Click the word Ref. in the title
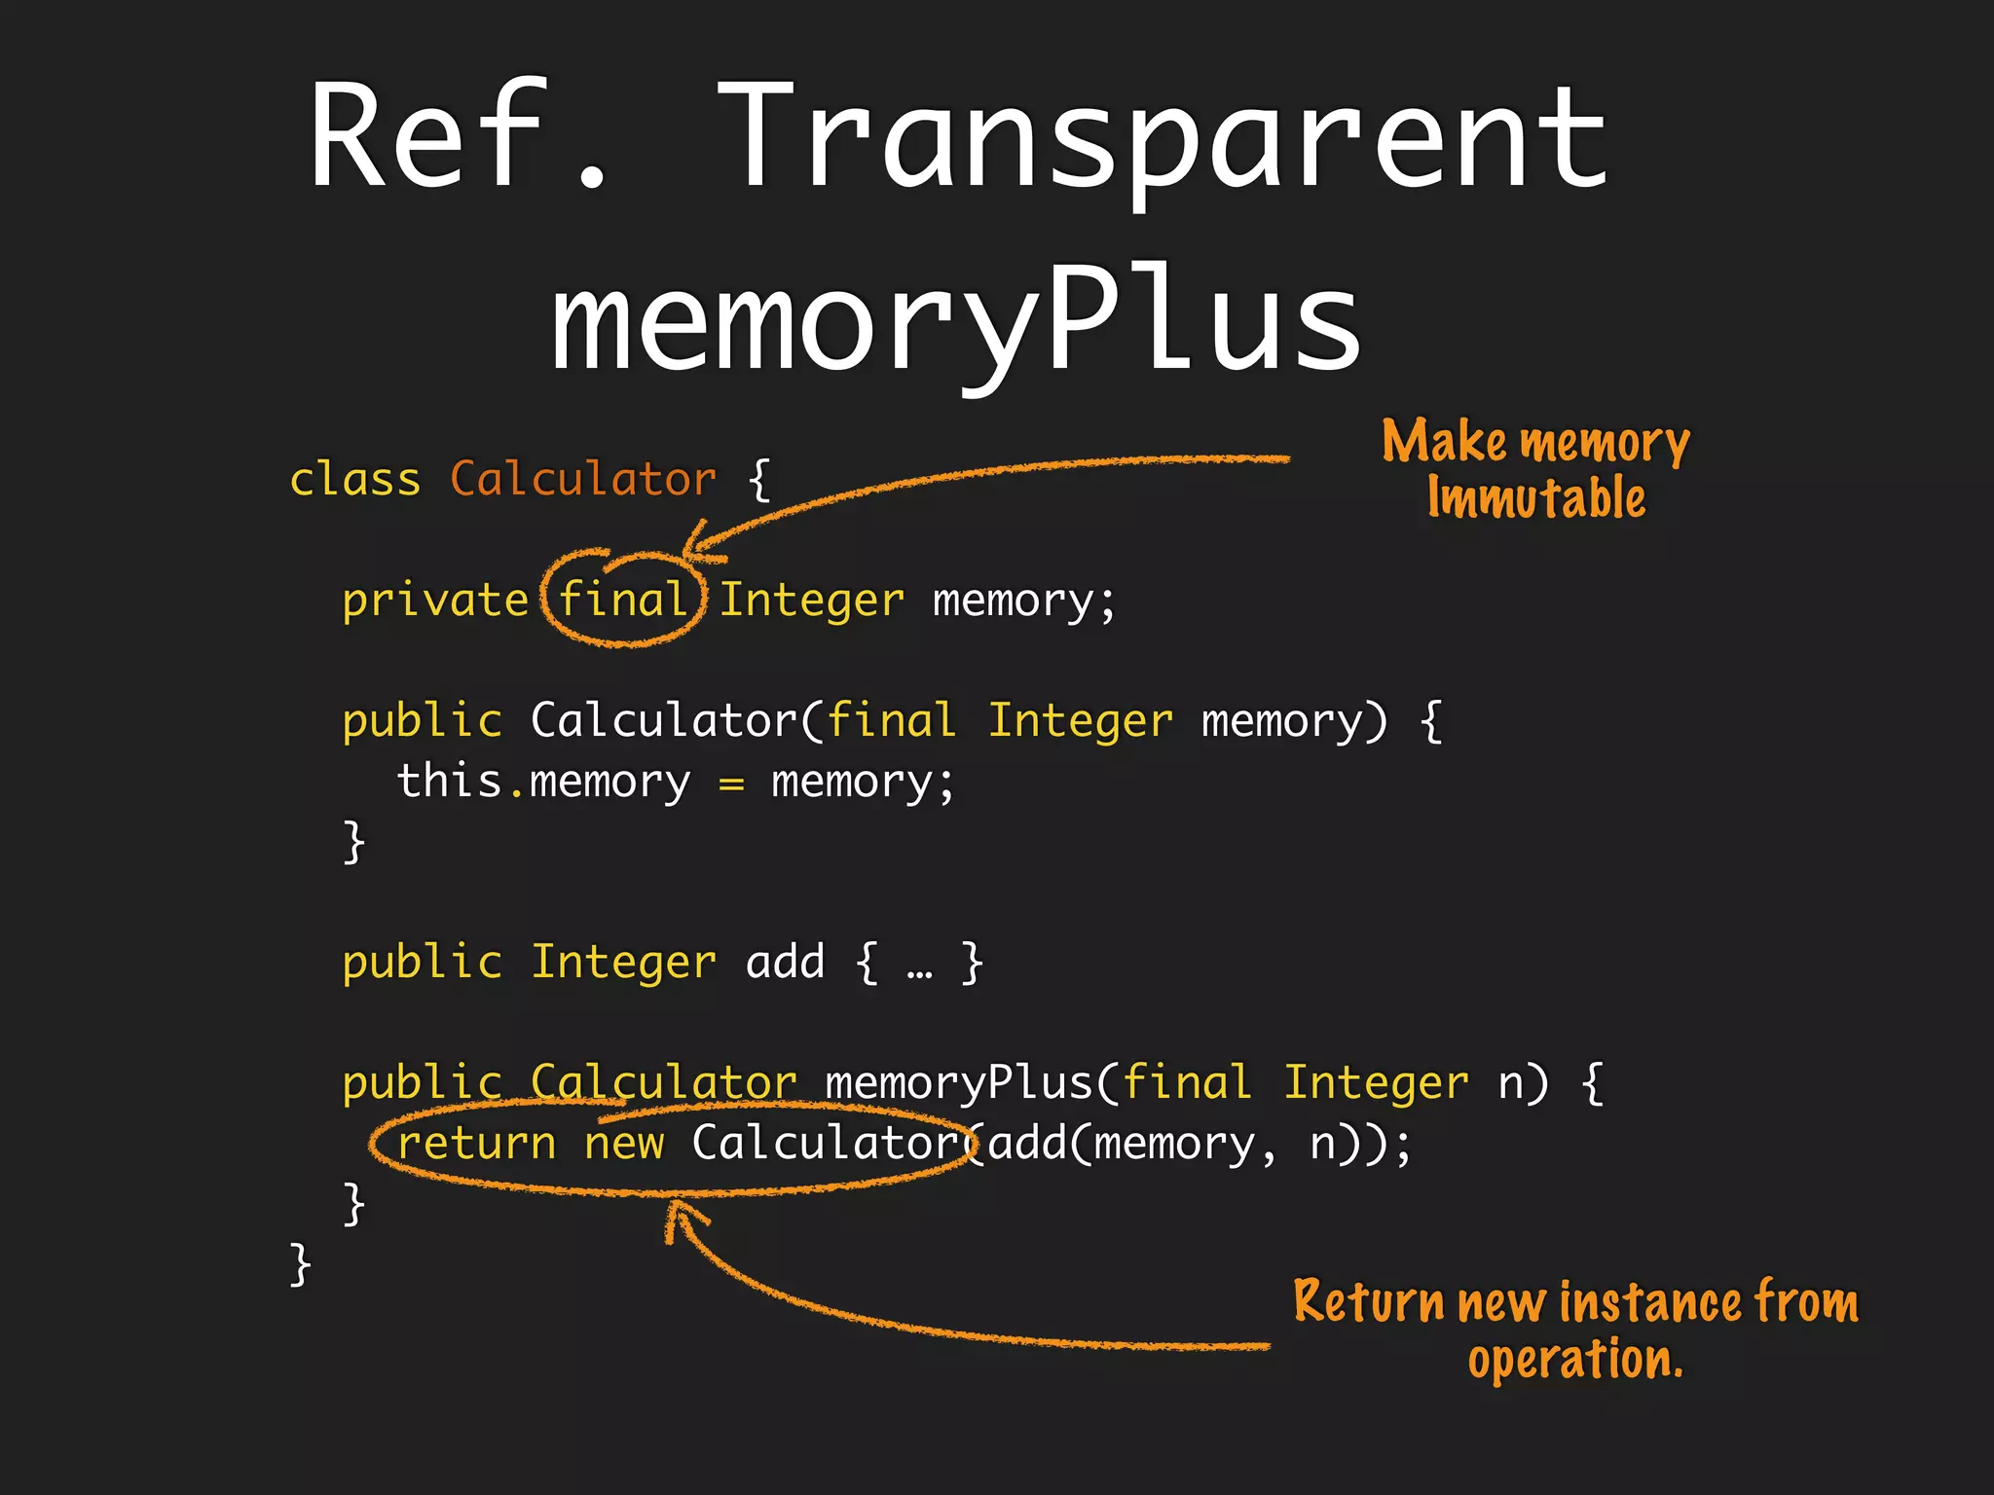point(458,136)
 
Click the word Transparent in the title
point(1163,136)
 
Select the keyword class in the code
point(355,479)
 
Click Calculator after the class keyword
point(582,479)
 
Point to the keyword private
point(434,600)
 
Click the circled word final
point(623,600)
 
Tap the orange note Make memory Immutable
point(1536,469)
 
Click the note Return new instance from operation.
point(1575,1330)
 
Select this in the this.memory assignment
point(449,782)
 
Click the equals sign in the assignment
point(731,784)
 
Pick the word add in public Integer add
point(785,963)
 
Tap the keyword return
point(476,1144)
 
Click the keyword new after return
point(624,1144)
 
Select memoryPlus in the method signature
point(959,1083)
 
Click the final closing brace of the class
point(301,1264)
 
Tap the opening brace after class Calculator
point(759,480)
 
